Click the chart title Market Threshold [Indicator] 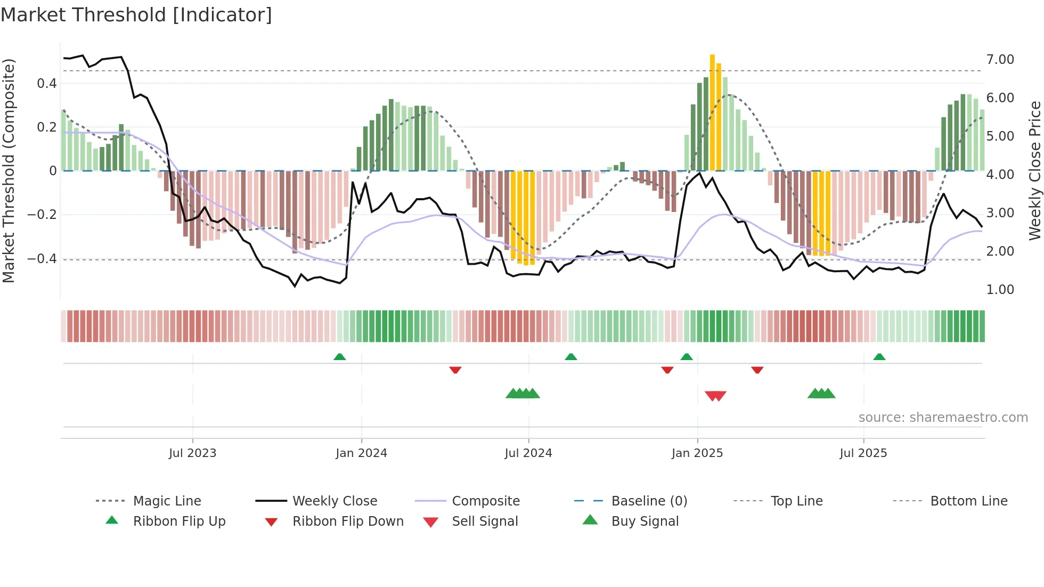(x=136, y=15)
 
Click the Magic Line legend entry (x=167, y=501)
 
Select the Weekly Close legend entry (x=335, y=501)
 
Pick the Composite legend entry (x=485, y=501)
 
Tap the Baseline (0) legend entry (x=649, y=501)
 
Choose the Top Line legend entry (x=796, y=501)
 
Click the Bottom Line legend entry (x=968, y=501)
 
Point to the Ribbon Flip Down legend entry (x=348, y=521)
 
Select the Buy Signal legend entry (x=645, y=521)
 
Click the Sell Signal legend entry (x=484, y=521)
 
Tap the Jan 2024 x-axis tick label (x=361, y=453)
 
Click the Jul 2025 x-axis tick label (x=863, y=453)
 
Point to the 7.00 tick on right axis (x=1000, y=60)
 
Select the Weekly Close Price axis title (x=1034, y=170)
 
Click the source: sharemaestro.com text (x=943, y=418)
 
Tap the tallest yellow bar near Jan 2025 (x=712, y=112)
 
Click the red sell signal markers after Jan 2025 (x=715, y=396)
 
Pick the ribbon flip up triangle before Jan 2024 (x=339, y=356)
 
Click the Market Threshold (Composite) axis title (x=9, y=170)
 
